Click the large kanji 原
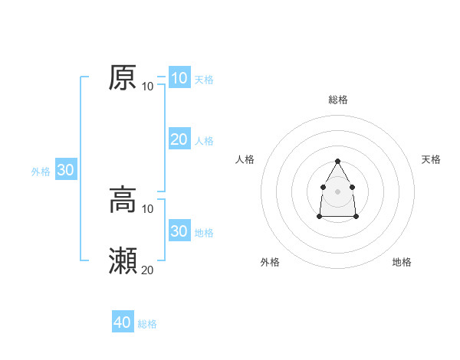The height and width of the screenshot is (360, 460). (x=123, y=77)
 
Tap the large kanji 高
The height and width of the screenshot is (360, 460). (x=123, y=200)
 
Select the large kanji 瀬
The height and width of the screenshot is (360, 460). (x=123, y=261)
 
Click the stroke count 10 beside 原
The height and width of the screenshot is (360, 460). (x=148, y=86)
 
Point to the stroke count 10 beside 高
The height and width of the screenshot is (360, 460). (x=148, y=208)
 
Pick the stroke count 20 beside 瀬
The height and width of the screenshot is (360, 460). (x=148, y=270)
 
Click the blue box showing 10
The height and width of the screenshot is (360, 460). (x=179, y=78)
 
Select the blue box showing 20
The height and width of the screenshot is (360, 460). (x=179, y=139)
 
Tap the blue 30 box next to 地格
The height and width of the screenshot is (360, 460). (x=179, y=231)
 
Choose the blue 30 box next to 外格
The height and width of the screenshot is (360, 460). (x=65, y=170)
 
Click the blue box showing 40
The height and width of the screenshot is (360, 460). (x=123, y=322)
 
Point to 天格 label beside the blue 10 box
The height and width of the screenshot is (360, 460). (x=204, y=80)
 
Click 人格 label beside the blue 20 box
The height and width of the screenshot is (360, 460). (x=204, y=141)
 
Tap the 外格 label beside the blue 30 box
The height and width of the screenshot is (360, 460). (x=41, y=172)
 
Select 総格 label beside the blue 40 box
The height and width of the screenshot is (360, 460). (x=147, y=324)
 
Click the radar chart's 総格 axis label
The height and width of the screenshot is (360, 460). (x=338, y=100)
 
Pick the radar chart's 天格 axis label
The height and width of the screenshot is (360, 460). (x=431, y=159)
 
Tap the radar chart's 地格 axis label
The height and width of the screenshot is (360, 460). (x=402, y=262)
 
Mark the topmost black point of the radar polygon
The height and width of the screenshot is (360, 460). (x=338, y=161)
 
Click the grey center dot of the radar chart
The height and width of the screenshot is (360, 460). (x=338, y=191)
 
